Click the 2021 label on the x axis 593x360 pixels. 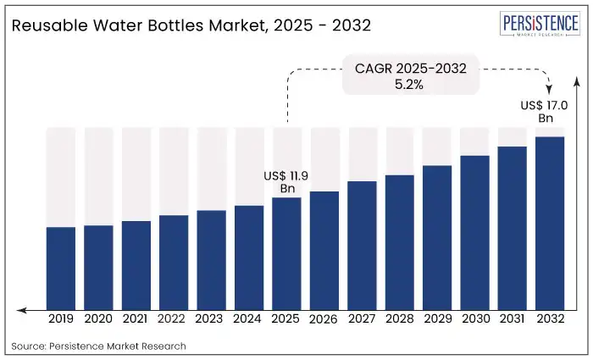(x=136, y=319)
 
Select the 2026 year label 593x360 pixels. (x=324, y=319)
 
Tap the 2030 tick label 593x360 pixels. (x=474, y=319)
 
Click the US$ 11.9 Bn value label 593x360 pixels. (x=286, y=181)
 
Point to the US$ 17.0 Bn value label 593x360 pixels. (x=542, y=112)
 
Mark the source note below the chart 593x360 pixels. (x=98, y=346)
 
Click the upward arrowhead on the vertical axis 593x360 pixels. (x=577, y=80)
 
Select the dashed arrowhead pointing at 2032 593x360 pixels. (x=550, y=88)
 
